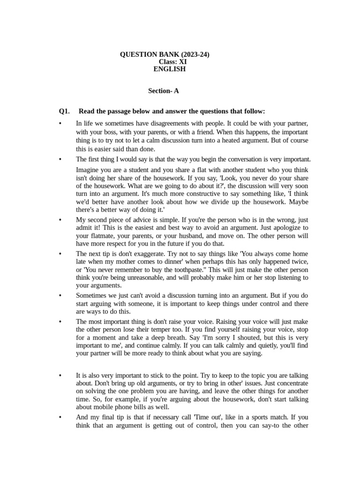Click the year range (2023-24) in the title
click(193, 54)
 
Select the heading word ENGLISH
click(170, 69)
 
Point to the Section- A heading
click(164, 91)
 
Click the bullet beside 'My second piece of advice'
click(60, 219)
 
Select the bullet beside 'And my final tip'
click(60, 417)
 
